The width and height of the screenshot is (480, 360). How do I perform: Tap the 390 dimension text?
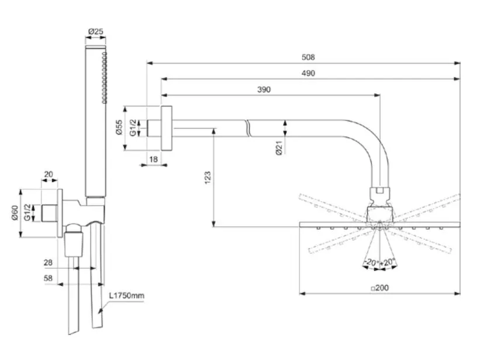click(264, 89)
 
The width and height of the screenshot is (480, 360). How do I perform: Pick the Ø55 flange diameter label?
click(119, 128)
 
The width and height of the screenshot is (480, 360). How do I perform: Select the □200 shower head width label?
click(380, 288)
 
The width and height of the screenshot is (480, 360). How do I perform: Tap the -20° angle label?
click(370, 262)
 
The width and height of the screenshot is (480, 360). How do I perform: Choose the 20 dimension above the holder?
click(49, 175)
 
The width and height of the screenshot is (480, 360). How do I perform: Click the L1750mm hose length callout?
click(127, 296)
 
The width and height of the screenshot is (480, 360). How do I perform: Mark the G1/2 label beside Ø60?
click(28, 214)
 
